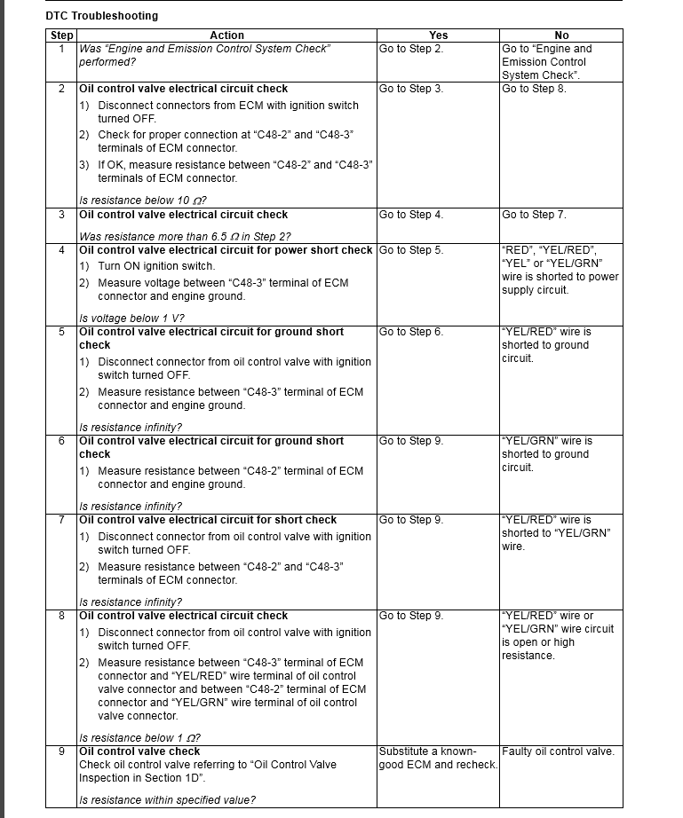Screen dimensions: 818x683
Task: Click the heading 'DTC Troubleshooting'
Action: pyautogui.click(x=101, y=16)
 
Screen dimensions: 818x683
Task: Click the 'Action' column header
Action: pyautogui.click(x=226, y=35)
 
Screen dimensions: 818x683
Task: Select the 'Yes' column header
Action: pyautogui.click(x=438, y=35)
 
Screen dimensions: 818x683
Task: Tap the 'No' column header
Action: pyautogui.click(x=561, y=35)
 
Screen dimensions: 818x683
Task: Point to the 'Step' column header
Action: pyautogui.click(x=61, y=35)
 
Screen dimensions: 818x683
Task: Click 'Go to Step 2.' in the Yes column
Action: pyautogui.click(x=411, y=49)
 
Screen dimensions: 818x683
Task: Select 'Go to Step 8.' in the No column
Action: pyautogui.click(x=534, y=89)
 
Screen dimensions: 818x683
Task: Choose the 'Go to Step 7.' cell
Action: pyautogui.click(x=534, y=215)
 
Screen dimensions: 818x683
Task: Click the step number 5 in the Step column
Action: pyautogui.click(x=61, y=332)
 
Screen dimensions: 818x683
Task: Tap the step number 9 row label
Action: pyautogui.click(x=61, y=751)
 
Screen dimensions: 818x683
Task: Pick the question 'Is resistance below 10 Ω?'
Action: pyautogui.click(x=143, y=201)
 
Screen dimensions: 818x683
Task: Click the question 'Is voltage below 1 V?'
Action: pyautogui.click(x=131, y=319)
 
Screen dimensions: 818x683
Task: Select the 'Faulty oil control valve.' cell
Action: pyautogui.click(x=558, y=751)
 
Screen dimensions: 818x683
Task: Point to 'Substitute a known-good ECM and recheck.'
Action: pyautogui.click(x=437, y=758)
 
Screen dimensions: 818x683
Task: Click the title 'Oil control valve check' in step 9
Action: pyautogui.click(x=139, y=751)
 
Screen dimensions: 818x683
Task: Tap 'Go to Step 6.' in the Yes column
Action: pyautogui.click(x=411, y=332)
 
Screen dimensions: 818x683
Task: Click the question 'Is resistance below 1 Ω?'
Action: pyautogui.click(x=139, y=738)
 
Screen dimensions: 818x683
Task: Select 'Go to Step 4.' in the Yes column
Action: pyautogui.click(x=411, y=215)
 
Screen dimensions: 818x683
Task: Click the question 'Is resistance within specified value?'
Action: pyautogui.click(x=167, y=800)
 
